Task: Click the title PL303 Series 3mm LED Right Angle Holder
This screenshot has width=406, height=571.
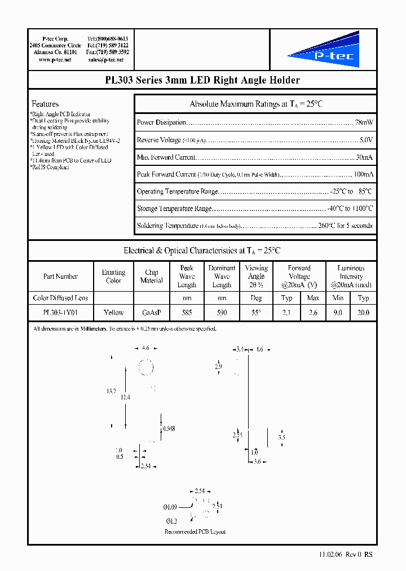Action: (202, 80)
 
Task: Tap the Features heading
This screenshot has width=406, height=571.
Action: (45, 104)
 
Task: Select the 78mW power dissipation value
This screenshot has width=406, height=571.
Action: (363, 122)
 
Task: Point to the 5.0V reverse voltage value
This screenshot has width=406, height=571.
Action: (365, 140)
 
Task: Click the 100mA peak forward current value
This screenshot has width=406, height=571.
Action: (363, 174)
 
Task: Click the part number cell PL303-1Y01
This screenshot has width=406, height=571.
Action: (60, 312)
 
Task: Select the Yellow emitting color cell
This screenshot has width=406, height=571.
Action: (114, 312)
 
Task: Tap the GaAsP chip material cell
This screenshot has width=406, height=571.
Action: (152, 312)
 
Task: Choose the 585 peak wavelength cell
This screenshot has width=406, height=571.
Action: (187, 312)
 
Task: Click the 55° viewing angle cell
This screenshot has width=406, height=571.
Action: (256, 312)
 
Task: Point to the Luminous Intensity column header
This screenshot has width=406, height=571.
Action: (351, 276)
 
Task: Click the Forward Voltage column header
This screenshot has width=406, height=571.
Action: (299, 276)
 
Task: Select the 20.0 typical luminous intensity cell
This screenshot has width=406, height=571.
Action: (364, 312)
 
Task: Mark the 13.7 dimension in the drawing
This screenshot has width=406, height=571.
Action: (111, 391)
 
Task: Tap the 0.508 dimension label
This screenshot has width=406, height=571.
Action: (168, 429)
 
